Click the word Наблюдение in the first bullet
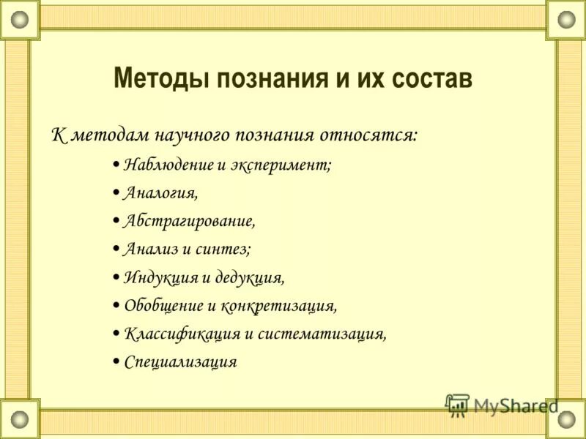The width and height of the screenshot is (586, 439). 168,165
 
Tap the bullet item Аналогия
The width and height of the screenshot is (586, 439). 160,193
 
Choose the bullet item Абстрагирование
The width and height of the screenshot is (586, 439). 190,221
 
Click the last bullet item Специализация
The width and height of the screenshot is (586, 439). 180,361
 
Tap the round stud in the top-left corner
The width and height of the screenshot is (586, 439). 19,19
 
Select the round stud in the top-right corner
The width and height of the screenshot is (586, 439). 566,19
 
